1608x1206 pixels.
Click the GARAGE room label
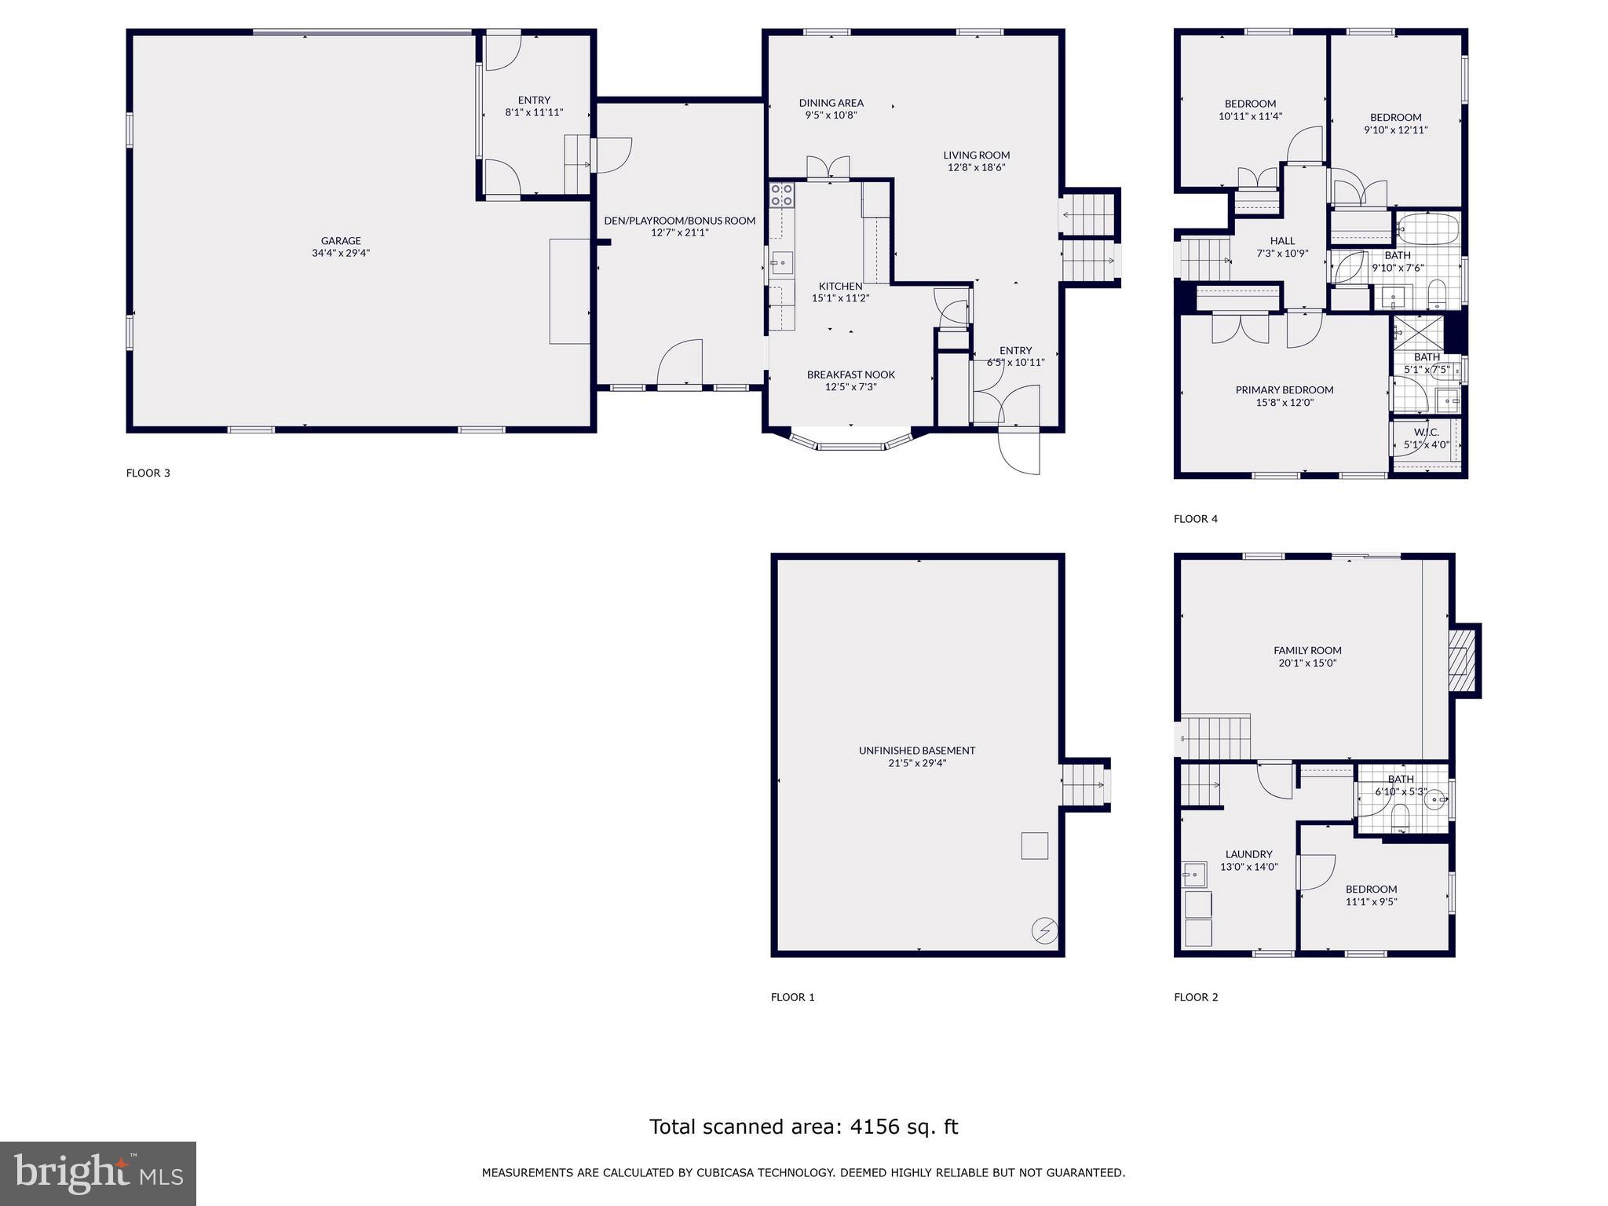[341, 241]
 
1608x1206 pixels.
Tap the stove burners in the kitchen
[781, 195]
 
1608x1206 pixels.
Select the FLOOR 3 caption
[148, 473]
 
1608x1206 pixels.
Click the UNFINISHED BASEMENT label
[917, 751]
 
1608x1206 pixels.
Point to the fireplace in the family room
[1460, 660]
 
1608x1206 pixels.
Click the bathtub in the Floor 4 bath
[1428, 229]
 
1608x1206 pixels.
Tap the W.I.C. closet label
[1427, 433]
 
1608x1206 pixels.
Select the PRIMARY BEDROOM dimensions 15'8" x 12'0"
[1285, 403]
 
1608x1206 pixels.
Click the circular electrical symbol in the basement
[1044, 931]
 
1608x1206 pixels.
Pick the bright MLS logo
[98, 1173]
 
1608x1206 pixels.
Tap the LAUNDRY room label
[1248, 854]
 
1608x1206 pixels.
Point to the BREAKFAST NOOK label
[851, 375]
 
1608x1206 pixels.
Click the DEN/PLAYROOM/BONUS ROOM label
[680, 221]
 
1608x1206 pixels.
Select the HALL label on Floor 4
[1282, 241]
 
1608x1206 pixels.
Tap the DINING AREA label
[831, 103]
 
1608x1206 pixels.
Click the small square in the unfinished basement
[1034, 846]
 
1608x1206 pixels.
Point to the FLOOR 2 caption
[1196, 997]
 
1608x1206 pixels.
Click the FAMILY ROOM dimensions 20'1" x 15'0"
[1307, 663]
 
